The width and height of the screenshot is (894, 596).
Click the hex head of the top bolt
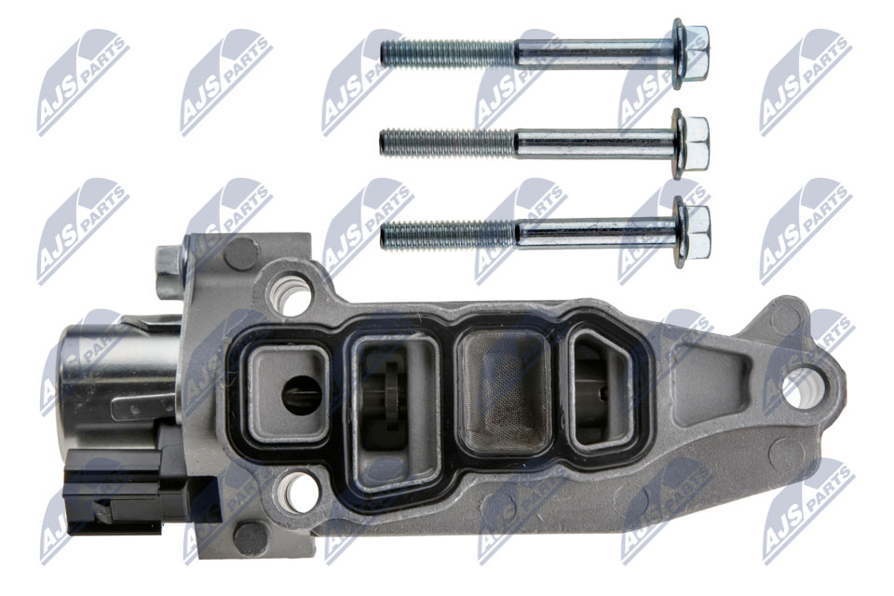690,54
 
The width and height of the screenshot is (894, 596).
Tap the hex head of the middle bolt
690,143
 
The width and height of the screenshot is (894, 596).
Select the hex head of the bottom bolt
691,232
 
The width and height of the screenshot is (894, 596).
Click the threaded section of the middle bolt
448,142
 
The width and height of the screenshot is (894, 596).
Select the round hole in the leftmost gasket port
302,395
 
